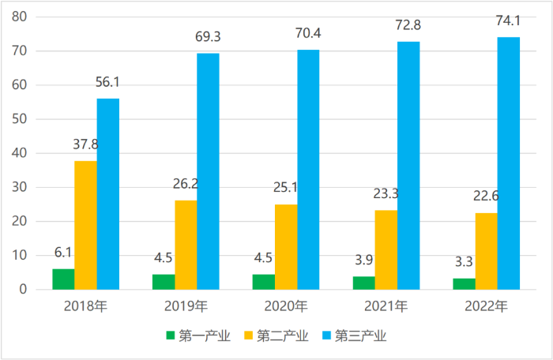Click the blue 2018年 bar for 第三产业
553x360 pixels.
point(108,193)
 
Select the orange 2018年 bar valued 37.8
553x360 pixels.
point(86,225)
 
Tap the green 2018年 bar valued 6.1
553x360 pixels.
point(64,279)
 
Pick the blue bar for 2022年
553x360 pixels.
point(509,163)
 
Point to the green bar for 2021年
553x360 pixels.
point(364,283)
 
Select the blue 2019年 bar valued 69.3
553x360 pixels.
point(209,171)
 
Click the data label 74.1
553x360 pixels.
point(509,21)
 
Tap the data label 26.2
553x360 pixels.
point(186,185)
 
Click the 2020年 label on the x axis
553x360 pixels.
point(286,306)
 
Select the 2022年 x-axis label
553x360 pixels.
point(487,306)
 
